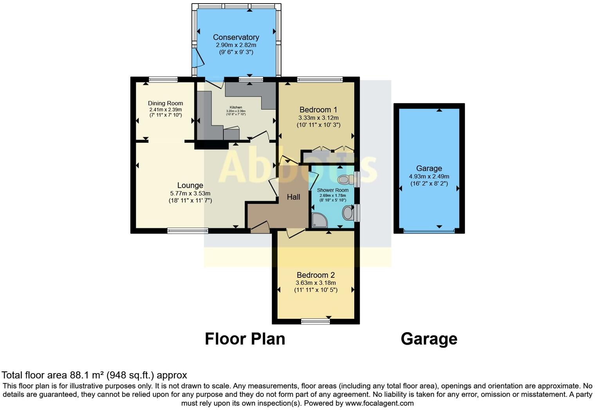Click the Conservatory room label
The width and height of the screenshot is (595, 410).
tap(236, 37)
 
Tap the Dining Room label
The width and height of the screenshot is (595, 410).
tap(165, 103)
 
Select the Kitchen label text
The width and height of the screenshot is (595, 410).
tap(236, 107)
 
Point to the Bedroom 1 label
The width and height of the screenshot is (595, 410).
tap(318, 110)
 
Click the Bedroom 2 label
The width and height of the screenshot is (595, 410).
tap(316, 275)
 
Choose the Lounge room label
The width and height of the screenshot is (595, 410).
tap(190, 185)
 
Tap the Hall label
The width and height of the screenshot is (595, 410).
tap(294, 197)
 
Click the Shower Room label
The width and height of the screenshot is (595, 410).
tap(332, 190)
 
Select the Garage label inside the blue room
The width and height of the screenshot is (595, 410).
tap(429, 168)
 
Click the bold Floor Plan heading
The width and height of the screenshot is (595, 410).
tap(245, 339)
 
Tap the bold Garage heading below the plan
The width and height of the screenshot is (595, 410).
tap(429, 339)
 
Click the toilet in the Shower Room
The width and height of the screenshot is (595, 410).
tap(344, 180)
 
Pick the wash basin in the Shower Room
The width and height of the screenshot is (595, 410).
tap(347, 213)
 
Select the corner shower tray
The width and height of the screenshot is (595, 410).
tap(319, 220)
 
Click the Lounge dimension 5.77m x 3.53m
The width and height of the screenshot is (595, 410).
tap(190, 193)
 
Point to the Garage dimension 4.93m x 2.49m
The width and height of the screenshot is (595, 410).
tap(429, 176)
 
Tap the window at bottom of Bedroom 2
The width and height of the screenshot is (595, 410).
tap(316, 322)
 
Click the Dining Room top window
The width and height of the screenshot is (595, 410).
tap(163, 79)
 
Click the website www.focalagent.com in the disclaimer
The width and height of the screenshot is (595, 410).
tap(379, 403)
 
